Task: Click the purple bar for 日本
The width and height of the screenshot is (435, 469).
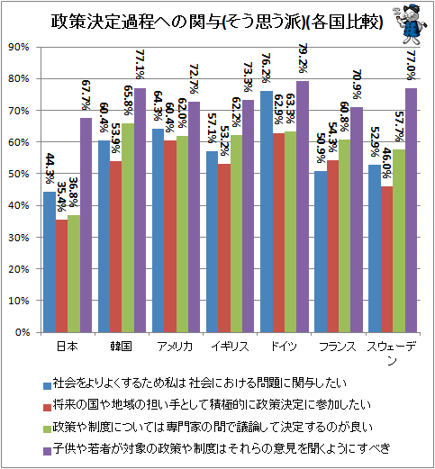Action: pyautogui.click(x=86, y=225)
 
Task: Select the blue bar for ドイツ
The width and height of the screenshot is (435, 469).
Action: pyautogui.click(x=267, y=212)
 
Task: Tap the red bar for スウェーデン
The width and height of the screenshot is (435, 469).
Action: pyautogui.click(x=386, y=259)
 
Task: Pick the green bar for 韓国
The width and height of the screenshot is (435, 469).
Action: pyautogui.click(x=128, y=228)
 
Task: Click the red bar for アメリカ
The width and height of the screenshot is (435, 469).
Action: pyautogui.click(x=170, y=237)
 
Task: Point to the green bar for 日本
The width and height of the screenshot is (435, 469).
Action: pyautogui.click(x=74, y=274)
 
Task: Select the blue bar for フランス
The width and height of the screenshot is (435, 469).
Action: pyautogui.click(x=321, y=252)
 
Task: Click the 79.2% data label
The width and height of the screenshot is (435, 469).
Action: pyautogui.click(x=303, y=59)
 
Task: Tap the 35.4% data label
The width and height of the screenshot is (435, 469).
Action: pyautogui.click(x=61, y=196)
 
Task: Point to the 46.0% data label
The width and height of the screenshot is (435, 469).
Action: pyautogui.click(x=387, y=163)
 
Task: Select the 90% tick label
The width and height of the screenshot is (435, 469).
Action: pyautogui.click(x=19, y=47)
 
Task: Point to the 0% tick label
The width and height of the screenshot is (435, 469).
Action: pyautogui.click(x=23, y=332)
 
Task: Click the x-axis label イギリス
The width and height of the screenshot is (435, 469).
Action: pyautogui.click(x=231, y=347)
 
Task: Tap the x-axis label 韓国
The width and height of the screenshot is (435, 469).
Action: pyautogui.click(x=122, y=347)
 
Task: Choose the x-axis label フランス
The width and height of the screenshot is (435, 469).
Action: pyautogui.click(x=338, y=347)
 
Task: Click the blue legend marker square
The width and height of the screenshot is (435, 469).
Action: pyautogui.click(x=47, y=386)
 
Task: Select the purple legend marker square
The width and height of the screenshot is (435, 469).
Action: pyautogui.click(x=47, y=451)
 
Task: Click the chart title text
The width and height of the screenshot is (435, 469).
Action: pyautogui.click(x=217, y=22)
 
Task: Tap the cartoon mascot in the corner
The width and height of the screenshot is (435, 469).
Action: pyautogui.click(x=410, y=23)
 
